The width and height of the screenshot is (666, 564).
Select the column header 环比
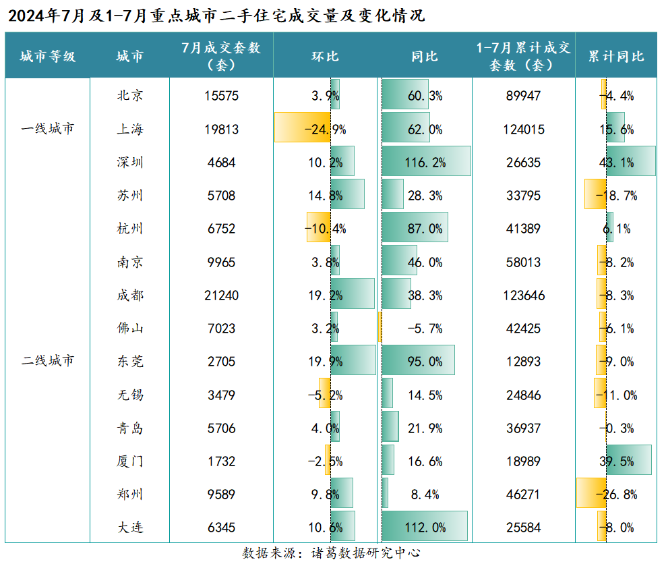tap(325, 56)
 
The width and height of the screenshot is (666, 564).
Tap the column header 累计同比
tap(616, 56)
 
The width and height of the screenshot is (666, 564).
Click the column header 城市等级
tap(47, 56)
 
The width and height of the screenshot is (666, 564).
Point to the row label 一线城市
tap(47, 129)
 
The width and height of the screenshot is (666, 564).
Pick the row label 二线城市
tap(47, 361)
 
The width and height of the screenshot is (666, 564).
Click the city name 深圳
tap(129, 163)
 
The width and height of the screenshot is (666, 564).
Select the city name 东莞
tap(129, 361)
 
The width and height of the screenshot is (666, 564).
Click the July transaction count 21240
tap(221, 295)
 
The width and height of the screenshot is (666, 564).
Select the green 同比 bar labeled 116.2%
tap(426, 162)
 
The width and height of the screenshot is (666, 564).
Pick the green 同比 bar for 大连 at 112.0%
tap(425, 527)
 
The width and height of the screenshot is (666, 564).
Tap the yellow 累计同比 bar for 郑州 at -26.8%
tap(591, 493)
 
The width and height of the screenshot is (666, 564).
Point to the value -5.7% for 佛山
tap(425, 329)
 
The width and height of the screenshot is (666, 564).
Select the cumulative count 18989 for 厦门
tap(523, 461)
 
